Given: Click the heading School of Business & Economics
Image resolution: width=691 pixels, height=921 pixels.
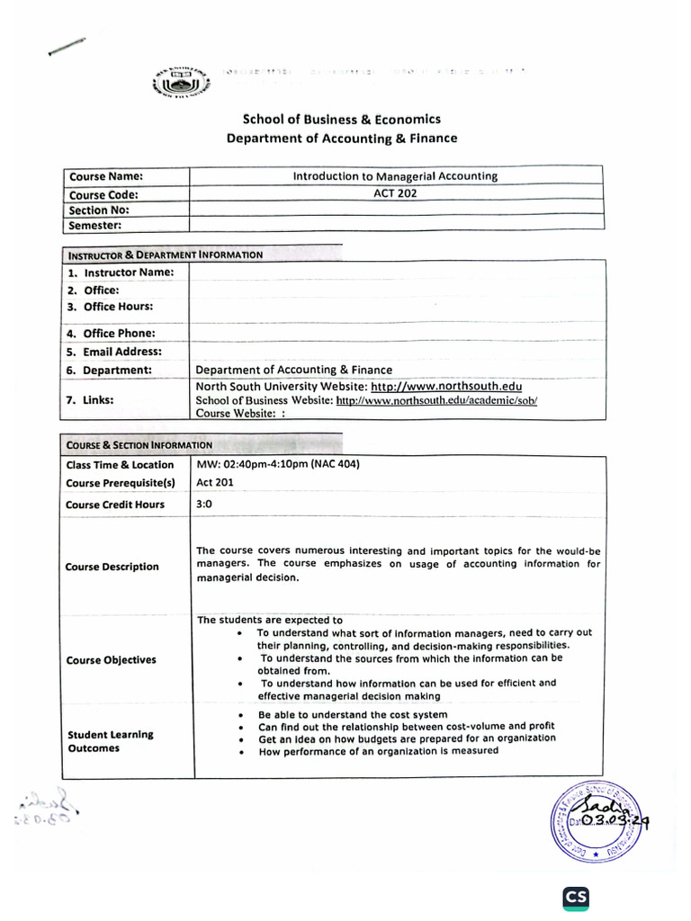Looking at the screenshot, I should (x=342, y=120).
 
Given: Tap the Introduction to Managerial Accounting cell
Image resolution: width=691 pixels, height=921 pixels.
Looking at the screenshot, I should (x=395, y=176).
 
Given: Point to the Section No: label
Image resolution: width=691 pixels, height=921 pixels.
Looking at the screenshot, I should (x=100, y=210).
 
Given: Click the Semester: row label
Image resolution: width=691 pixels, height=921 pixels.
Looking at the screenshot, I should (x=95, y=226).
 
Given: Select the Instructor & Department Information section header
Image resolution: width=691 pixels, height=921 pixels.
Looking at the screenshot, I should (x=165, y=255).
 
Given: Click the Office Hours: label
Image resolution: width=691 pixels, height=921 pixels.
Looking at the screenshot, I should (x=118, y=307).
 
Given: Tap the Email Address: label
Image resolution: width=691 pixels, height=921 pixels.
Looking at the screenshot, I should (x=122, y=352).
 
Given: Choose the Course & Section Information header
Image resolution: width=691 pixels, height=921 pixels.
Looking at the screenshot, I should (x=139, y=444).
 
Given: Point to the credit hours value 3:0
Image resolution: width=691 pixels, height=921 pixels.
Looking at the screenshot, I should (x=204, y=504).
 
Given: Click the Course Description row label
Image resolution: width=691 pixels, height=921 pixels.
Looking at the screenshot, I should (x=112, y=567).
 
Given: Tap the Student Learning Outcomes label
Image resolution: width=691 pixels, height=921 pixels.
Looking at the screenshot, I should (x=110, y=741).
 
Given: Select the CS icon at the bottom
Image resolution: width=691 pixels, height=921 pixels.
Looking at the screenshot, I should (x=576, y=898).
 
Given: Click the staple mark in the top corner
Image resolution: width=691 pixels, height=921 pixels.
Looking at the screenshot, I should (x=67, y=47).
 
